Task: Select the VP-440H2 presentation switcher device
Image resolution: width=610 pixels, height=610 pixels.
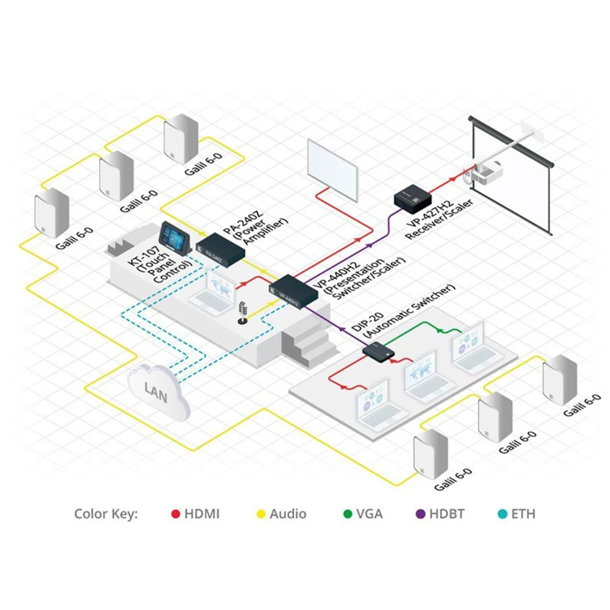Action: coord(293,291)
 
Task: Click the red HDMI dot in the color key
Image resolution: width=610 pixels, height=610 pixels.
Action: coord(176,514)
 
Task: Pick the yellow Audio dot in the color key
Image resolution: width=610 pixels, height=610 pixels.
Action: coord(260,514)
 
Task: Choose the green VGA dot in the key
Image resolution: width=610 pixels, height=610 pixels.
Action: coord(348,514)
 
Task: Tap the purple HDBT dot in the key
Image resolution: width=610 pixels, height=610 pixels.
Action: coord(420,514)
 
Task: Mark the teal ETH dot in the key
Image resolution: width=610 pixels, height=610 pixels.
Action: coord(501,514)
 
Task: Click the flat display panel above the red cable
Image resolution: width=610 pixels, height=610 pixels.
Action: coord(332,168)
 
